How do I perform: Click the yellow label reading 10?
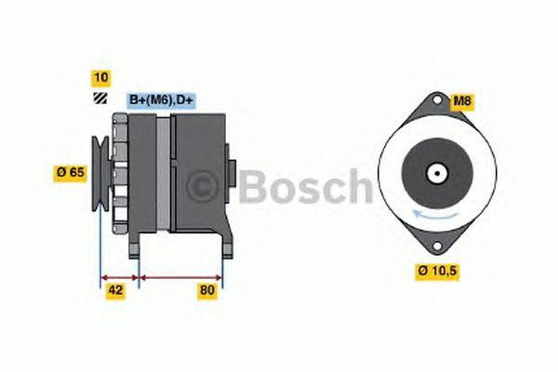(101, 77)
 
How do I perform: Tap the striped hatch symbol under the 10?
(100, 99)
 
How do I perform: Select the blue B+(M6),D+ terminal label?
(161, 100)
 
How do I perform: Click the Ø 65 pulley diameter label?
(71, 173)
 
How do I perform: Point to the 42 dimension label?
(115, 290)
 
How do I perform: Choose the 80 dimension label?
(207, 290)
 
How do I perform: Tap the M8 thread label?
(461, 101)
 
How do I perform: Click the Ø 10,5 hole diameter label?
(437, 271)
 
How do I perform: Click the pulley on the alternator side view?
(100, 173)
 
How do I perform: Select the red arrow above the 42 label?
(120, 277)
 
